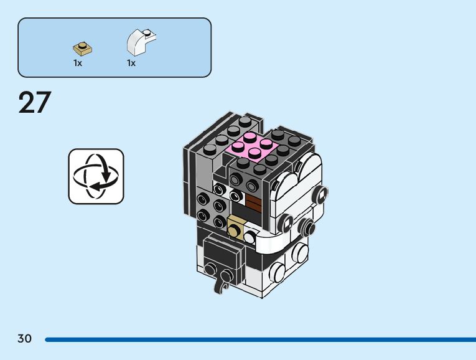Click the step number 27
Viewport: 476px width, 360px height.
(x=35, y=103)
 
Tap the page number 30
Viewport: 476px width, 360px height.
(x=25, y=339)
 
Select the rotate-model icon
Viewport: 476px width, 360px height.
(x=96, y=176)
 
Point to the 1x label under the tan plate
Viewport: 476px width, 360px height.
(x=78, y=63)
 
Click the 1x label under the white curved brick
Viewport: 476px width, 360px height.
(x=131, y=63)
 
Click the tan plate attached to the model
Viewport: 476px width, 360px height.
(x=236, y=228)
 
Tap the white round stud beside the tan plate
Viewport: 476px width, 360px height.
(x=250, y=236)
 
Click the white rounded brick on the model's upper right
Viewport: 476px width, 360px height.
(x=299, y=181)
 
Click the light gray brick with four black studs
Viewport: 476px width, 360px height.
(x=210, y=208)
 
